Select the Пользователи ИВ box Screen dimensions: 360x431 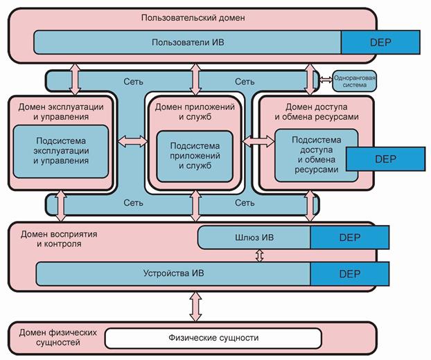(187, 42)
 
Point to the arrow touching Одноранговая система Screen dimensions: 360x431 (326, 77)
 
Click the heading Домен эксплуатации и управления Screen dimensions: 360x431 (62, 111)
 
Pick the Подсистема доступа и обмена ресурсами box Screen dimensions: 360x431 (308, 155)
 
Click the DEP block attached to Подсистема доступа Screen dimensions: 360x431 (384, 158)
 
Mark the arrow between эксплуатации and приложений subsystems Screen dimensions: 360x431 (130, 141)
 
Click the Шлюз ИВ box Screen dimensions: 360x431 (254, 237)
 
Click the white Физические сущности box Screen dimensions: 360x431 (213, 338)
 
